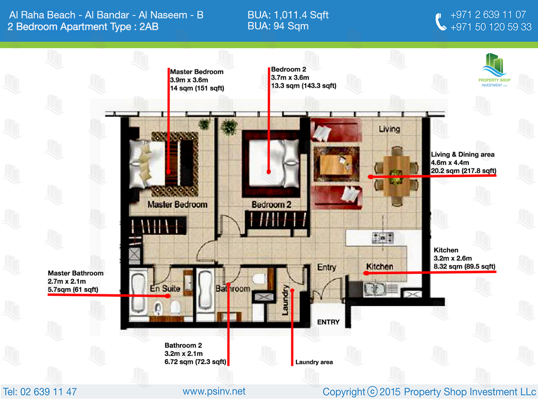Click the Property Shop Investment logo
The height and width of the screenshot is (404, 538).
coord(495,70)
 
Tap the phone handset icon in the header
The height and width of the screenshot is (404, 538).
coord(441,22)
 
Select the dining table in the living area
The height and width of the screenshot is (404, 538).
coord(396,176)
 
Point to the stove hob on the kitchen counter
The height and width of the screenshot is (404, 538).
coord(382,238)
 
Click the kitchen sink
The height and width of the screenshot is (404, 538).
coord(375,289)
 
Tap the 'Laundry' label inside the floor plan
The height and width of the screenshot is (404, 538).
coord(285,300)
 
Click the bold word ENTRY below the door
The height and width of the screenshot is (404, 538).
coord(329,322)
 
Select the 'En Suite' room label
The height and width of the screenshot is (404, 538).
coord(165,289)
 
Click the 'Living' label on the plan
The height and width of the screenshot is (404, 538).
coord(390,129)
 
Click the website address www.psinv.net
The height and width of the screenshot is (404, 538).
coord(214,391)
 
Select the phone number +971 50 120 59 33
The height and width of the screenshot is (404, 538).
coord(491,27)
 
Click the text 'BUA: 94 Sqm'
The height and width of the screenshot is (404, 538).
coord(278,26)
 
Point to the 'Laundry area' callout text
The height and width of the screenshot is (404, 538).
coord(314,362)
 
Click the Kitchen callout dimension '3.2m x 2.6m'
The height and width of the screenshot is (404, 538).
coord(452,258)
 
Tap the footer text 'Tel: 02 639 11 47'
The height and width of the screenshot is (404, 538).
coord(40,392)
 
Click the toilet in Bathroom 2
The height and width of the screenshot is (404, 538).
coord(259,279)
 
